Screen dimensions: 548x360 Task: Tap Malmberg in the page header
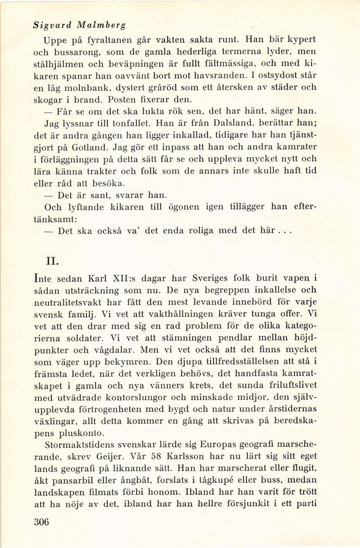103,25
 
